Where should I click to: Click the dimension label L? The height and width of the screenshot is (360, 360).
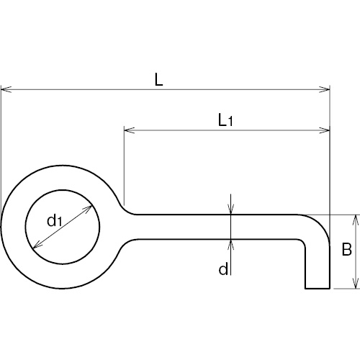click(159, 79)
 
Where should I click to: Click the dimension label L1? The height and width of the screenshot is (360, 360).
click(225, 120)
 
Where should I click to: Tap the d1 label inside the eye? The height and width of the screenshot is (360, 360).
click(55, 221)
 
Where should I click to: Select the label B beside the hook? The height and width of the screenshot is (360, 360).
click(346, 249)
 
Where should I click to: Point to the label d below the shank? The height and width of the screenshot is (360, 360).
click(223, 269)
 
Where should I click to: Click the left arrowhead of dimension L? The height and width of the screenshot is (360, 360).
click(6, 89)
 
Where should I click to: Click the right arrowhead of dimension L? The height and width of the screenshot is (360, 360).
click(325, 89)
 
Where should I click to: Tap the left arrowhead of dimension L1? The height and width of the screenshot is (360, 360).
click(130, 130)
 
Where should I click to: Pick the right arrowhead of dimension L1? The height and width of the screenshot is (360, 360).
click(325, 130)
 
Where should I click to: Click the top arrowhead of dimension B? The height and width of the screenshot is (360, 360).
click(356, 220)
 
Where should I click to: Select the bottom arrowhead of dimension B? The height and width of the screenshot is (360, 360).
click(356, 283)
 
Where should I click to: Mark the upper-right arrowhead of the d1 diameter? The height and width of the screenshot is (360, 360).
click(87, 209)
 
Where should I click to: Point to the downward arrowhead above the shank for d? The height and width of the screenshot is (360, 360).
click(230, 209)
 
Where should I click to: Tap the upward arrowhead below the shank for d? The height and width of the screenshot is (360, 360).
click(230, 245)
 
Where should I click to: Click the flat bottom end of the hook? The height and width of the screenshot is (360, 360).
click(318, 288)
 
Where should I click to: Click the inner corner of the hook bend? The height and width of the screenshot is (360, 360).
click(303, 242)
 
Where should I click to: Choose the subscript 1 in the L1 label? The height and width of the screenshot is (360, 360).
click(230, 122)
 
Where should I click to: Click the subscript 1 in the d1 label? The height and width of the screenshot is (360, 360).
click(60, 222)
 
